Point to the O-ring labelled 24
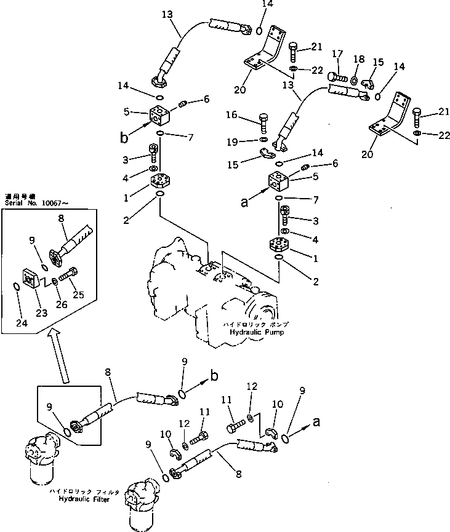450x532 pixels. pos(17,285)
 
